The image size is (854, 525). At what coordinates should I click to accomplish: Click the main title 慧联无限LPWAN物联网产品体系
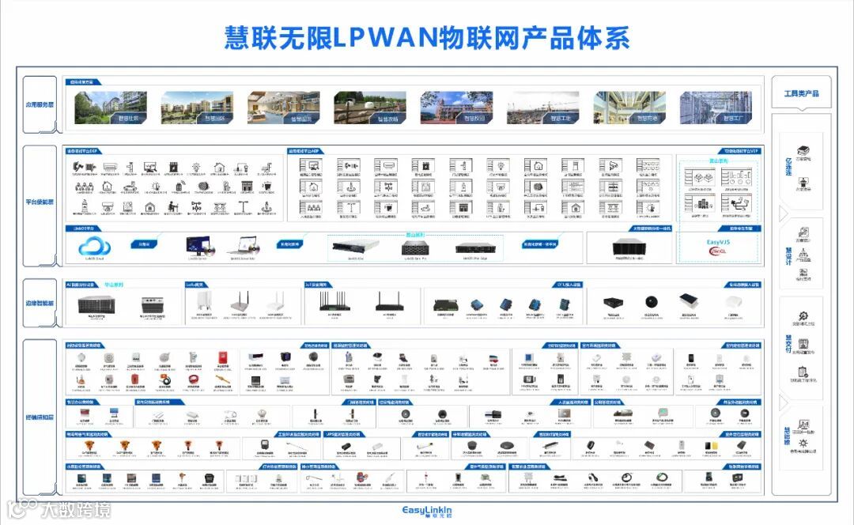428,37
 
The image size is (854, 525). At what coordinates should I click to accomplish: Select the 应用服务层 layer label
40,104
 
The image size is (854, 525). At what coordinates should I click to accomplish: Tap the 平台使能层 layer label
40,202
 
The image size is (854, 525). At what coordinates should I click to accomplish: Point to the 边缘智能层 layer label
40,303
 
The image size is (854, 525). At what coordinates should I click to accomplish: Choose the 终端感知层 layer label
40,416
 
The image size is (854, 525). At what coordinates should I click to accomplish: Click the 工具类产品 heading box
801,94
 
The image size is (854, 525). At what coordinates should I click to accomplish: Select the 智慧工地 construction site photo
542,108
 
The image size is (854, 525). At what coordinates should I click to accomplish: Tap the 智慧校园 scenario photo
456,108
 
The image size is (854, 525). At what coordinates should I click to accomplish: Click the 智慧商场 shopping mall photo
629,108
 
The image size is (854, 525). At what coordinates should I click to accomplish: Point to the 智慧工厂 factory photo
716,108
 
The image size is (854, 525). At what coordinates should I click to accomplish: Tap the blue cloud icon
95,246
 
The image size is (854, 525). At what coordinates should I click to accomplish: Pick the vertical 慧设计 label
788,255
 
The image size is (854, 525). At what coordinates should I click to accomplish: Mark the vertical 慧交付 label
788,342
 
